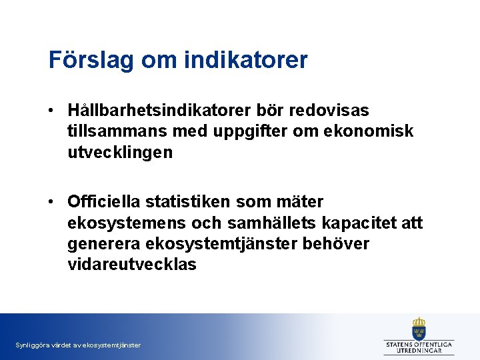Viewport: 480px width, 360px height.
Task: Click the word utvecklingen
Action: [119, 153]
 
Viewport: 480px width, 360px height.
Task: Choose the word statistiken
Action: [192, 201]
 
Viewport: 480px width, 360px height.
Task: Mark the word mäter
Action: [299, 201]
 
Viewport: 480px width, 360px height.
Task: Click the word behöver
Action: [336, 244]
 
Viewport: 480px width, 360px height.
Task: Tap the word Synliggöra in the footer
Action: [31, 345]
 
